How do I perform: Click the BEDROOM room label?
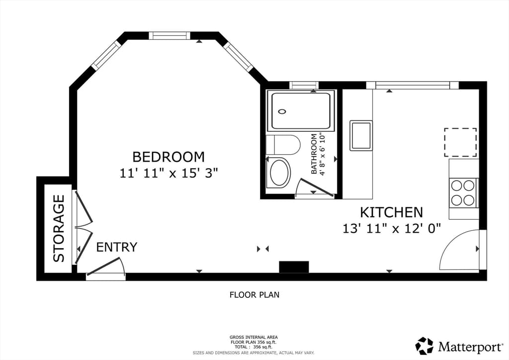tap(169, 157)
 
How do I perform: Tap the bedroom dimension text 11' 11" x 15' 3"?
tap(169, 173)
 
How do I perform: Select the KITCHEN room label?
tap(392, 212)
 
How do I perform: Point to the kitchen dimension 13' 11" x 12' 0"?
tap(392, 229)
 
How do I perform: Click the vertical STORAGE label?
tap(59, 228)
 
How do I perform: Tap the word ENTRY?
tap(116, 247)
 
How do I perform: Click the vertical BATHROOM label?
tap(314, 154)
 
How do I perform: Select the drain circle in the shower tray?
tap(282, 112)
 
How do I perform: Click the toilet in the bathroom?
tap(283, 145)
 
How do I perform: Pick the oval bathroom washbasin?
tap(279, 173)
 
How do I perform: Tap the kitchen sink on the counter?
tap(361, 135)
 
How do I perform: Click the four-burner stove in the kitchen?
tap(463, 193)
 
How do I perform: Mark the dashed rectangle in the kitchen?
tap(460, 142)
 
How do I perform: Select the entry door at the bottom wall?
tap(106, 268)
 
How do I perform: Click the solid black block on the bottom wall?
tap(294, 267)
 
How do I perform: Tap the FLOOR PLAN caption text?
tap(254, 295)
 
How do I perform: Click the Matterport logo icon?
tap(424, 346)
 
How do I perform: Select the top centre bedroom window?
tap(170, 36)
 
